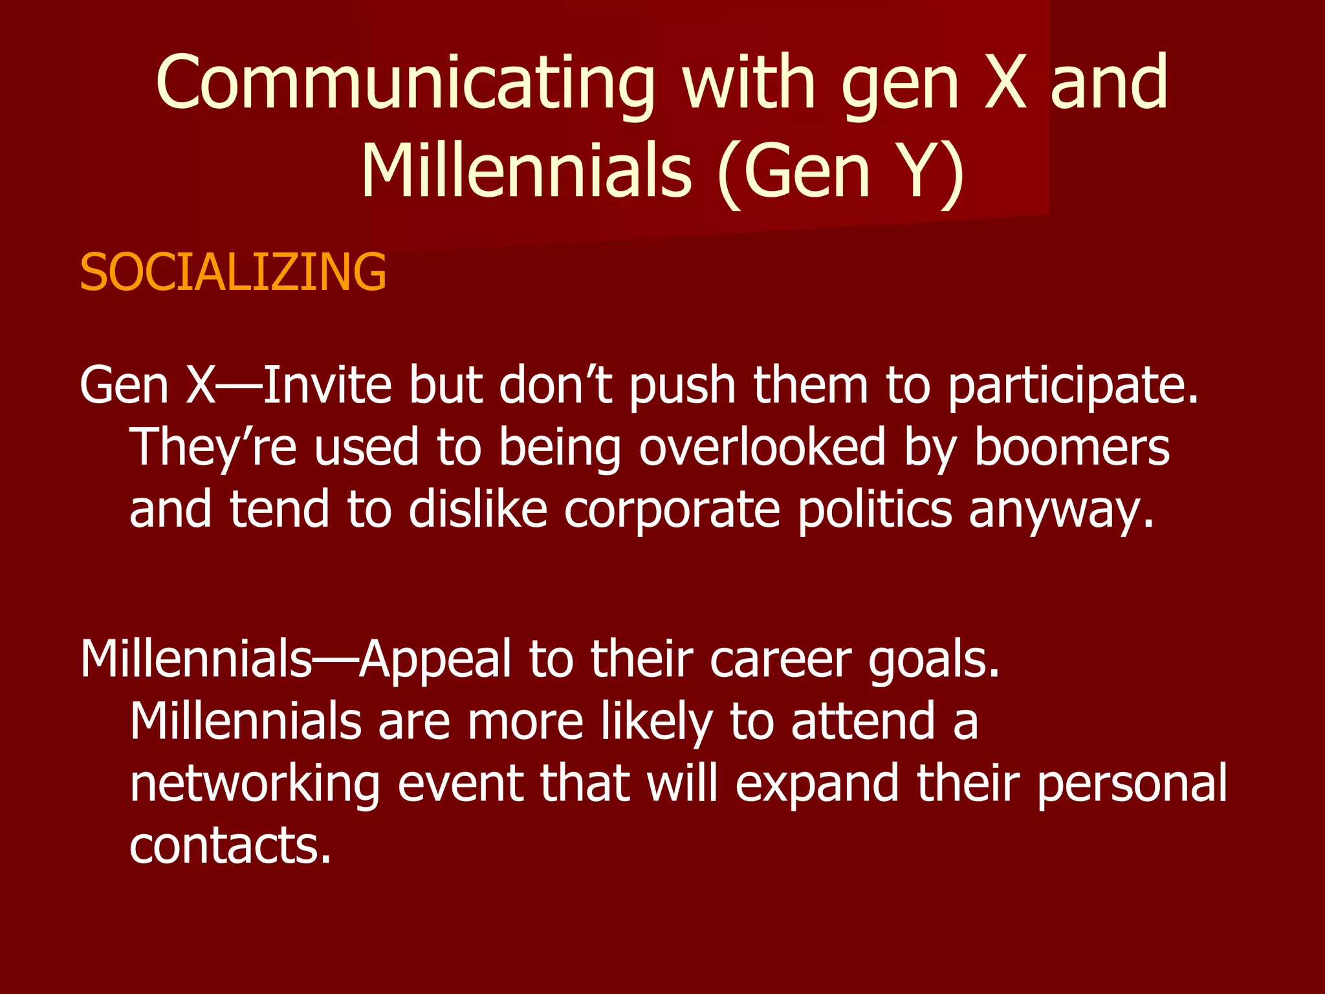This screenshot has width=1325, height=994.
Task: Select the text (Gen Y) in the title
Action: click(841, 172)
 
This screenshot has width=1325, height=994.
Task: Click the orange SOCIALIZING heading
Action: click(233, 272)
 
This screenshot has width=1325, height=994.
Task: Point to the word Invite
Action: click(327, 386)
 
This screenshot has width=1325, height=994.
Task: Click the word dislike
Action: click(478, 509)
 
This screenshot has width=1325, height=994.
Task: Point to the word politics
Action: click(875, 509)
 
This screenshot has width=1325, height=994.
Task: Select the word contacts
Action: click(230, 845)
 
